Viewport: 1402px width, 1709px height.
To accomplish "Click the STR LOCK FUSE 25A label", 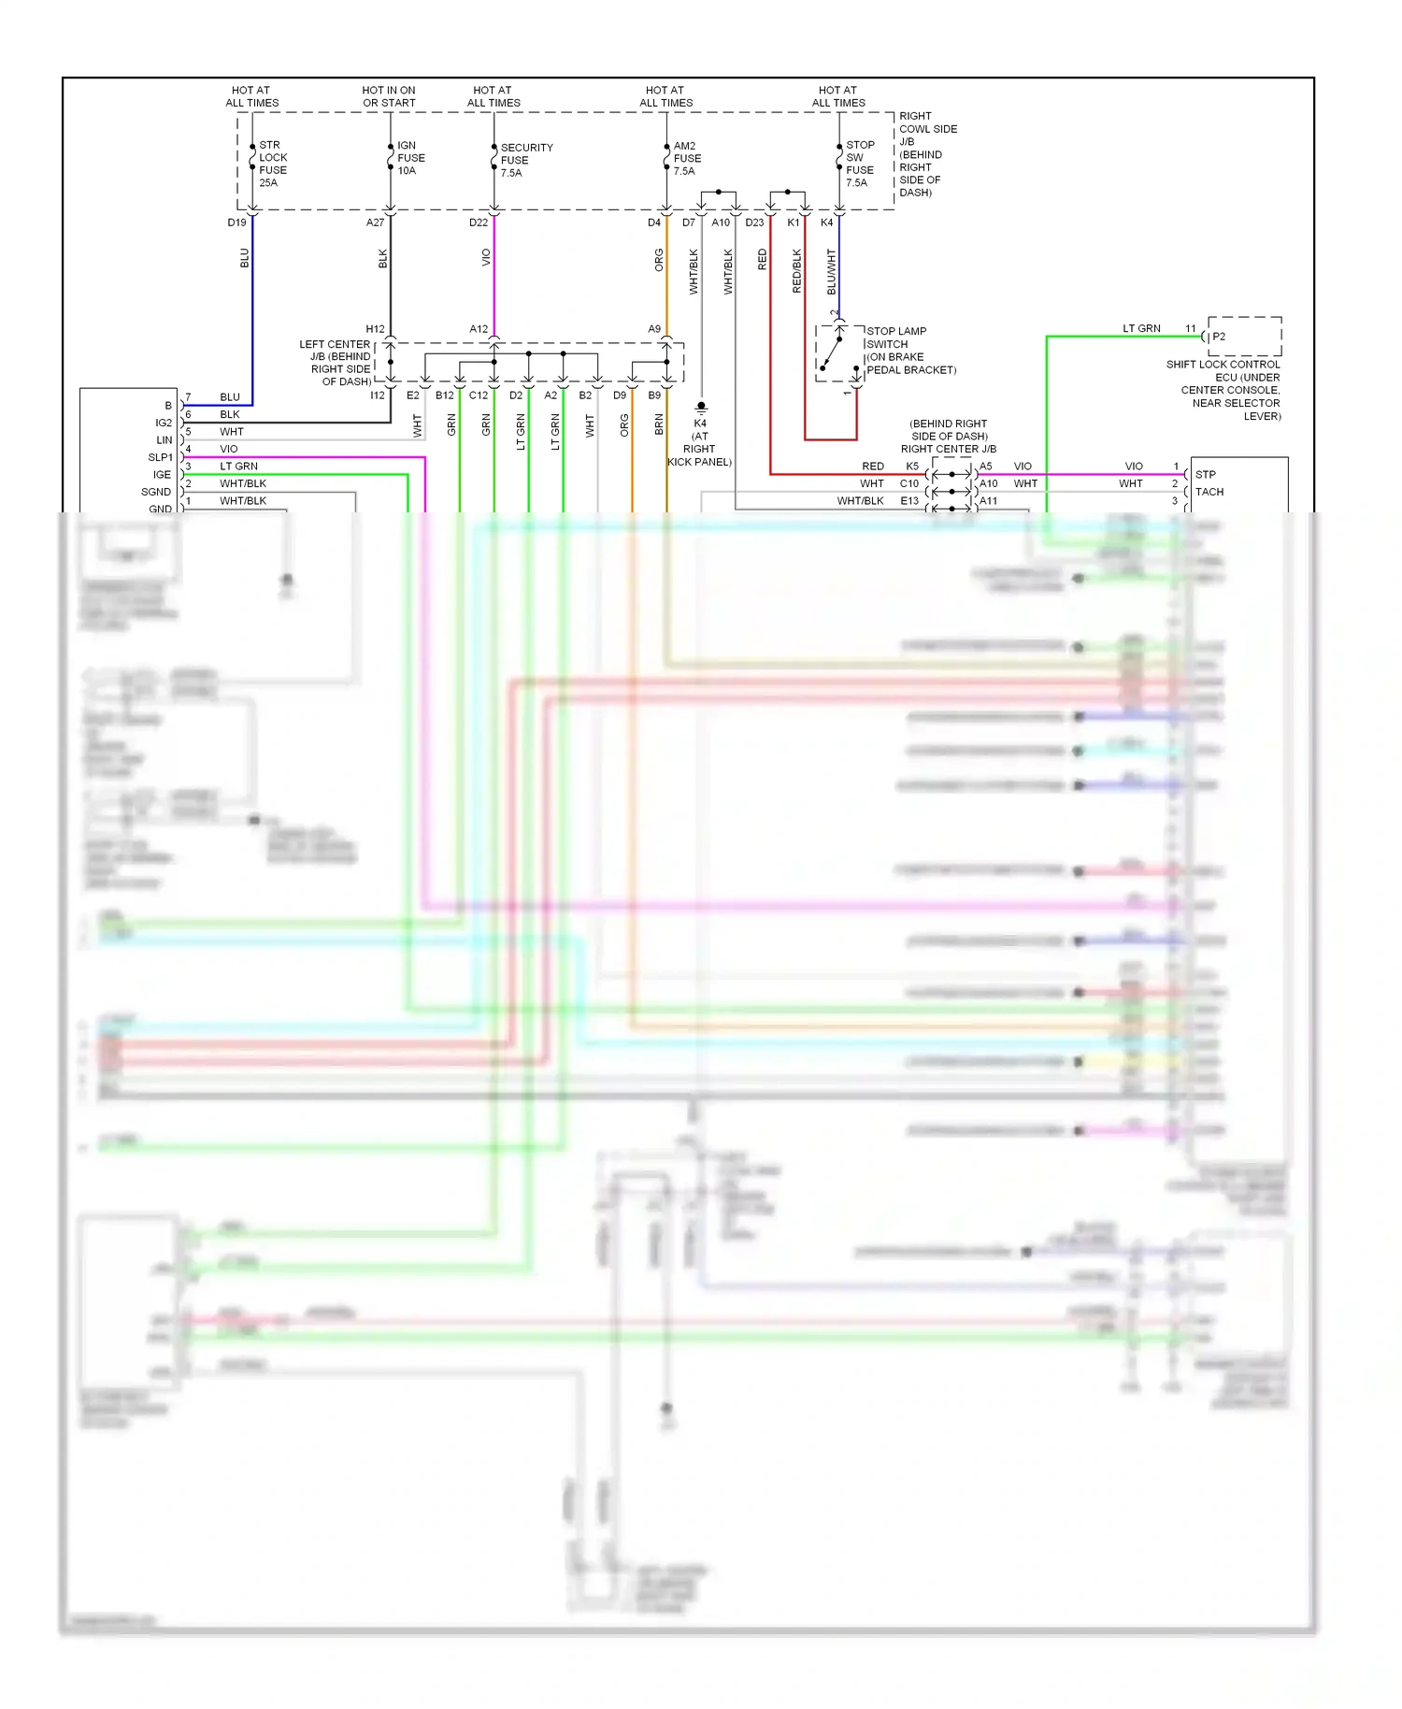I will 272,164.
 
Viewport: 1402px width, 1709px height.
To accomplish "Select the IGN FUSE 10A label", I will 410,158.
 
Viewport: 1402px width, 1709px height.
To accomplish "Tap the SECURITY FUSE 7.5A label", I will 525,160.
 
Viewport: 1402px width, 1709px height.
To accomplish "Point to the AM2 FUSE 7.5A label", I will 686,158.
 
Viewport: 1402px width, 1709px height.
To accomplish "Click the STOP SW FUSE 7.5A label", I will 859,164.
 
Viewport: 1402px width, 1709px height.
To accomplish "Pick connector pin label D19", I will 236,223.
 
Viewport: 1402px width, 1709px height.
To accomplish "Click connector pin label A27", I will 375,223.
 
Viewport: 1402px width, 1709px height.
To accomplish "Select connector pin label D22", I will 478,223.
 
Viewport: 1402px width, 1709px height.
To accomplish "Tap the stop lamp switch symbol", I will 838,354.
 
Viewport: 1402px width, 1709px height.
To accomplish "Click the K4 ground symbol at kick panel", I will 701,408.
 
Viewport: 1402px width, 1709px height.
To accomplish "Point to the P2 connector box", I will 1244,336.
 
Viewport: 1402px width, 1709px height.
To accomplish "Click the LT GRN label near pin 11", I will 1141,328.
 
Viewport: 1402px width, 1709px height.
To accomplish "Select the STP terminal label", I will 1205,474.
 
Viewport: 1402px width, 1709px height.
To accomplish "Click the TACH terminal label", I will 1209,492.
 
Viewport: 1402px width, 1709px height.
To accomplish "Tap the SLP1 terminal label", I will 161,457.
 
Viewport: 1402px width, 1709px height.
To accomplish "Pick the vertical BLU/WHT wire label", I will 831,271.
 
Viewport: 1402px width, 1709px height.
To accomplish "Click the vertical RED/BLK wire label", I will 796,271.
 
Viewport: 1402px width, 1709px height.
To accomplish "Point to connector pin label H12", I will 375,329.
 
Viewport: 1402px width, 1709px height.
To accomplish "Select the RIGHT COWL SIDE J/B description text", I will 926,154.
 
